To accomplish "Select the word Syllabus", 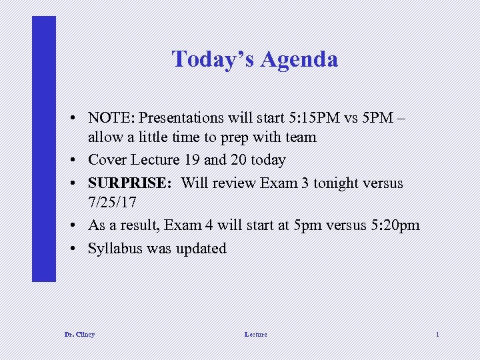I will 114,249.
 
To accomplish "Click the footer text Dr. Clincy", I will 79,334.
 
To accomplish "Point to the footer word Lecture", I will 255,334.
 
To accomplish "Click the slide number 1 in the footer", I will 437,334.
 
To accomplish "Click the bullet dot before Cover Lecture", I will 79,161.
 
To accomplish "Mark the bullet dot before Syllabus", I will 79,249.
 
